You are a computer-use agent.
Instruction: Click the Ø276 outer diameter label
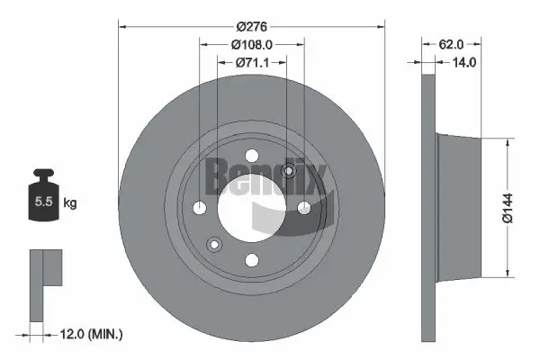pyautogui.click(x=252, y=16)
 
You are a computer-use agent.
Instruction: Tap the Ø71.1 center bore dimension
pyautogui.click(x=251, y=62)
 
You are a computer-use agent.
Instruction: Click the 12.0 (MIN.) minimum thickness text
pyautogui.click(x=91, y=334)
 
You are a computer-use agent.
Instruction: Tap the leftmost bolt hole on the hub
pyautogui.click(x=199, y=208)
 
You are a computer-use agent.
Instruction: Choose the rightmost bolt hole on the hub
pyautogui.click(x=304, y=208)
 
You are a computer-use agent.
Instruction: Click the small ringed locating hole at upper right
pyautogui.click(x=289, y=172)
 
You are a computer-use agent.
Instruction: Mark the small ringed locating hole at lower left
pyautogui.click(x=214, y=243)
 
